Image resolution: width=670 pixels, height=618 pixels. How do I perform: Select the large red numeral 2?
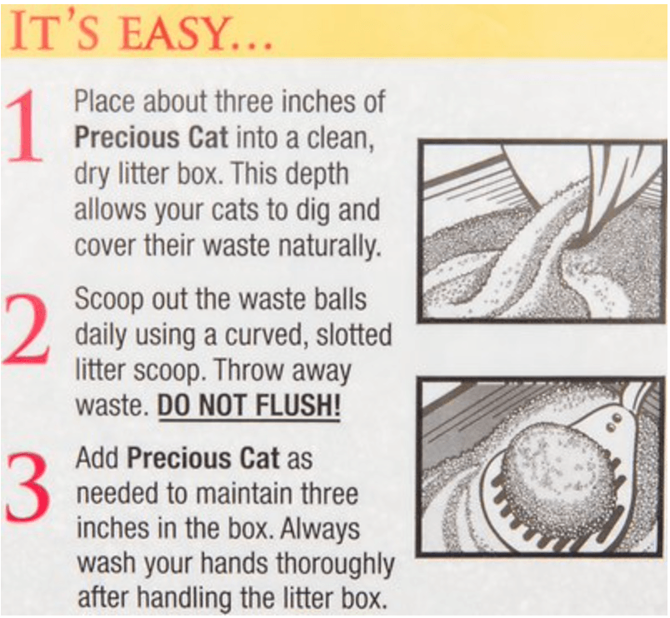26,330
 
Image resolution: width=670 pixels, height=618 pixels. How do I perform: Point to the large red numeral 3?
27,487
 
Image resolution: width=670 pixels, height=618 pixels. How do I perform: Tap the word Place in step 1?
105,102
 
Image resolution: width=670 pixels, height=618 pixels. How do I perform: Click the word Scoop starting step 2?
109,299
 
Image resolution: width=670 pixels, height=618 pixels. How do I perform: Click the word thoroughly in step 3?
335,564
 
